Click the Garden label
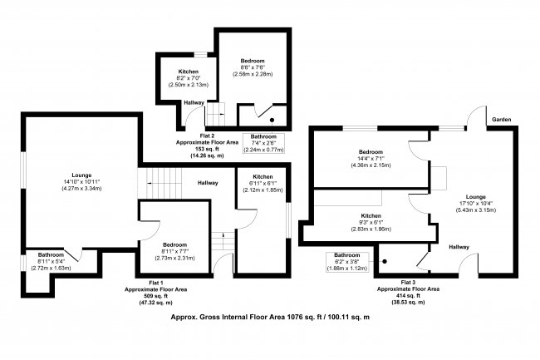(x=502, y=120)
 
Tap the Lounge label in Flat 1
(x=81, y=175)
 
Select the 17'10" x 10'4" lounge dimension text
(x=476, y=203)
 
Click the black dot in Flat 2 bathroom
(x=272, y=120)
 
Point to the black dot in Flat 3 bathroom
(x=385, y=261)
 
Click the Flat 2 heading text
(x=208, y=136)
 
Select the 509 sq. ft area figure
(x=155, y=296)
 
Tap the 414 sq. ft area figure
(x=408, y=296)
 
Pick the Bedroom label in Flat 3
(x=371, y=152)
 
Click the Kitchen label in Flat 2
(x=189, y=72)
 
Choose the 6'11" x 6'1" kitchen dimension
(x=263, y=183)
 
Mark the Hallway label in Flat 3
(x=459, y=247)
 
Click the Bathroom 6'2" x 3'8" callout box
(x=347, y=262)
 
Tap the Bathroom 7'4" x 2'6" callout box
(x=264, y=143)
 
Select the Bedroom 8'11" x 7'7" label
(x=175, y=251)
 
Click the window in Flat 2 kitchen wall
(x=200, y=55)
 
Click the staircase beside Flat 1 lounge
(x=160, y=183)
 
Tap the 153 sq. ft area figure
(x=208, y=149)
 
